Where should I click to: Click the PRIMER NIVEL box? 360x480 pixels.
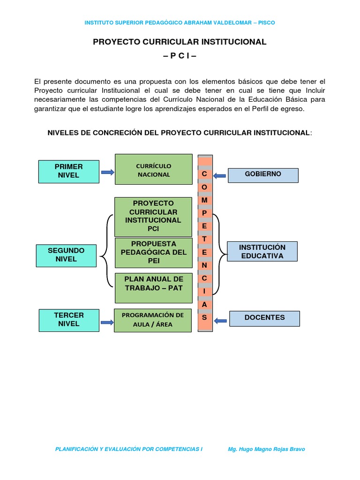click(68, 171)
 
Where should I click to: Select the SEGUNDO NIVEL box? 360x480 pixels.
click(66, 255)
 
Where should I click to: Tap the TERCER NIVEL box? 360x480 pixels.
click(69, 320)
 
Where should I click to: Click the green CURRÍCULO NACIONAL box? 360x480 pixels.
click(153, 170)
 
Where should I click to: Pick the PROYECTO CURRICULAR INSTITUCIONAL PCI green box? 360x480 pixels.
click(153, 216)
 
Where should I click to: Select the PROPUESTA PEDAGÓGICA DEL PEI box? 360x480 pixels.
click(153, 253)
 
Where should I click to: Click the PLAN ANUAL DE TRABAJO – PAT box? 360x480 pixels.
click(153, 287)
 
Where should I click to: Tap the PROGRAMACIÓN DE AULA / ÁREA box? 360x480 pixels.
click(153, 320)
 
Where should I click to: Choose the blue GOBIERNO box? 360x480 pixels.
click(263, 175)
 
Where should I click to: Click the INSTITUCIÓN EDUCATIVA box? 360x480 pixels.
click(262, 252)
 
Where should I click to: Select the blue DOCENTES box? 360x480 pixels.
click(264, 318)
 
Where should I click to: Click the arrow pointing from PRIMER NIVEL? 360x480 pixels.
click(107, 172)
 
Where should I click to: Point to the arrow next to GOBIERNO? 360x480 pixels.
click(219, 176)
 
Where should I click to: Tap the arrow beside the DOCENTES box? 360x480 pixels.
click(220, 321)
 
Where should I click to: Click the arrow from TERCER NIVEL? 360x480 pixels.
click(107, 322)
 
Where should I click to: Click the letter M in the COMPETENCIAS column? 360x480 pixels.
click(204, 200)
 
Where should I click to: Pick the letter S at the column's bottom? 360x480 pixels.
click(204, 317)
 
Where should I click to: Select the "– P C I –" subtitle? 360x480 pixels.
click(180, 56)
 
